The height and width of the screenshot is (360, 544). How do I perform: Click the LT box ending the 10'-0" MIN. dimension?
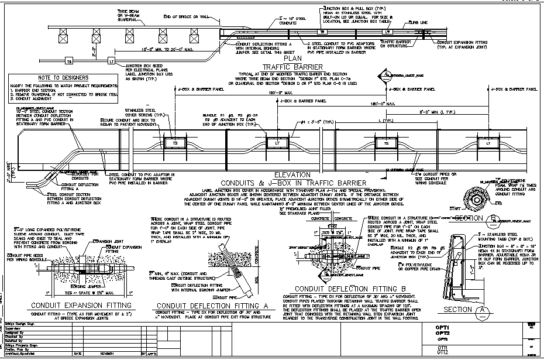tap(112, 61)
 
